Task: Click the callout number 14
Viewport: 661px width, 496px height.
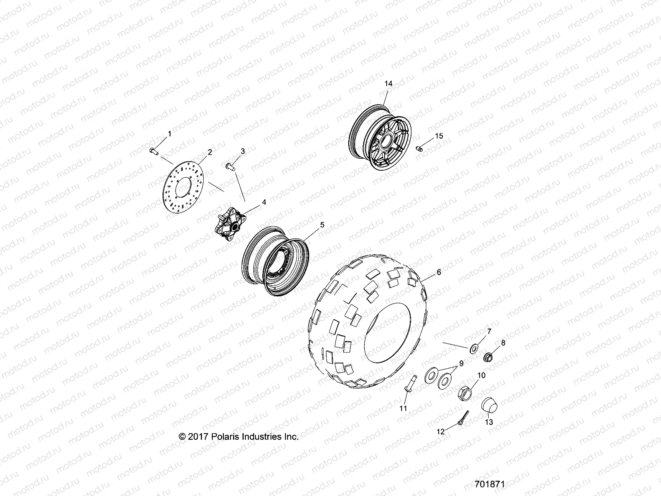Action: [388, 83]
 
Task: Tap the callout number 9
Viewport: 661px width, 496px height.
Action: [461, 363]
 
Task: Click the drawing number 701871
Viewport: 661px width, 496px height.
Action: [490, 483]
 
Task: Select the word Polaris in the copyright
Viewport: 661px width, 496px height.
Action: [222, 436]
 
